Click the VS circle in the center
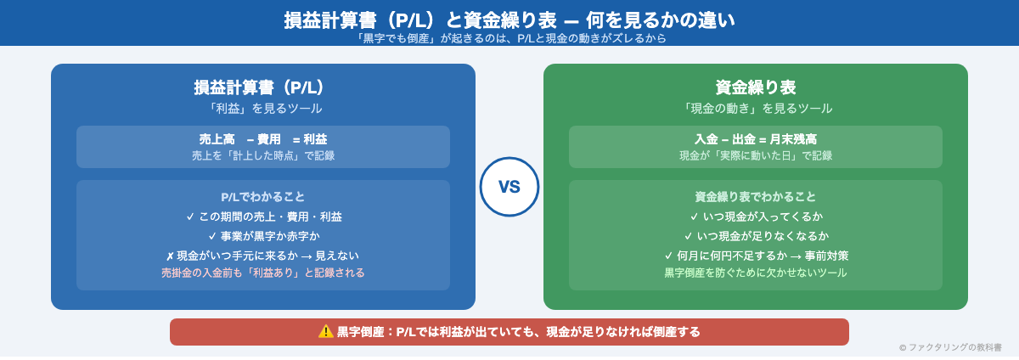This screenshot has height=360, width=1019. click(509, 187)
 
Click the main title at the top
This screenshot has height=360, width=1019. click(509, 20)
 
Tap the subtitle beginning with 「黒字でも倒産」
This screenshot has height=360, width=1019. click(509, 38)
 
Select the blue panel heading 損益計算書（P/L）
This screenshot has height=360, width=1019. click(263, 87)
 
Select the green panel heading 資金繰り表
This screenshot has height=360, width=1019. click(756, 87)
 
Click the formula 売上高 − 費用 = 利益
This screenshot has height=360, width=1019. click(263, 139)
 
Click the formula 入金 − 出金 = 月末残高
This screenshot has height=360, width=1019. click(756, 139)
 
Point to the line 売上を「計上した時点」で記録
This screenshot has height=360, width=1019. click(263, 155)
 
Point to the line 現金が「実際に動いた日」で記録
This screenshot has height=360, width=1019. click(756, 155)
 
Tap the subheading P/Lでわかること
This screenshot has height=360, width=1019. click(263, 196)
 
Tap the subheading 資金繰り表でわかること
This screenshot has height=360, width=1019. click(756, 196)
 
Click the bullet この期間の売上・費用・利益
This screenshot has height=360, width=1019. click(263, 217)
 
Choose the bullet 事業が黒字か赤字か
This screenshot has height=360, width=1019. click(263, 236)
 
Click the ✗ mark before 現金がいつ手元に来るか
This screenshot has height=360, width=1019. click(171, 256)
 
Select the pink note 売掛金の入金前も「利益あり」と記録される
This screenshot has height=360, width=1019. click(263, 273)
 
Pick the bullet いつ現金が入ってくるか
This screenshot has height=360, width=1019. click(756, 217)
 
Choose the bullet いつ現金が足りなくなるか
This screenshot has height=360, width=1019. click(756, 236)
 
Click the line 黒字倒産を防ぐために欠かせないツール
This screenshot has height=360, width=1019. click(756, 273)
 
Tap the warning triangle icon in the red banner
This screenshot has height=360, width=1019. click(326, 331)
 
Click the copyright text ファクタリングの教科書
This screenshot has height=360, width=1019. click(950, 347)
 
